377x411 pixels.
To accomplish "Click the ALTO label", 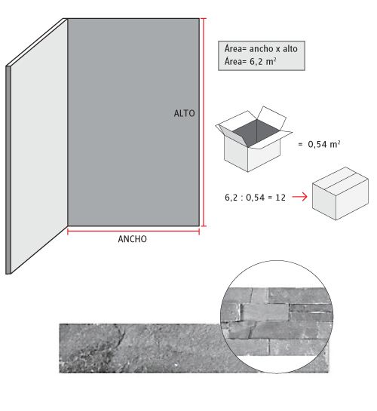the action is coord(185,114).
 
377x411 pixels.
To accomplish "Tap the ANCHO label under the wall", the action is coord(132,239).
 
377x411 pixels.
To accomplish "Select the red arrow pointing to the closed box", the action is coord(299,197).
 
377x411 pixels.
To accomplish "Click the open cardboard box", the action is coord(253,139).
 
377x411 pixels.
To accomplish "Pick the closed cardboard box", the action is coord(340,194).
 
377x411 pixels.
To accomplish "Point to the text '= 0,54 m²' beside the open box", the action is coord(319,144).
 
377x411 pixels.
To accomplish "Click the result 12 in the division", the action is coord(280,198).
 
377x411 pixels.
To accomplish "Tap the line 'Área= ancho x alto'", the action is coord(261,49).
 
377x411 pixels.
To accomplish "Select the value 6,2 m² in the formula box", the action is coord(263,62).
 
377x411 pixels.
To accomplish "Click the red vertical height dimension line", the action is coord(204,122).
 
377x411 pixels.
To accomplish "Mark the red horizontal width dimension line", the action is coord(133,232).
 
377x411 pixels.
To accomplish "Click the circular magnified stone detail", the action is coord(277,317).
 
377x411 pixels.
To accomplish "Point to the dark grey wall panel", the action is coord(133,122).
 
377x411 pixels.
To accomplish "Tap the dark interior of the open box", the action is coord(256,133).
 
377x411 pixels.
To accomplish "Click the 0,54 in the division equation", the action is coord(255,198).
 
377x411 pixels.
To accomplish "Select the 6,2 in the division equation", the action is coord(231,198).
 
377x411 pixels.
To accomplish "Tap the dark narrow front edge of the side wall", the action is coord(8,170).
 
